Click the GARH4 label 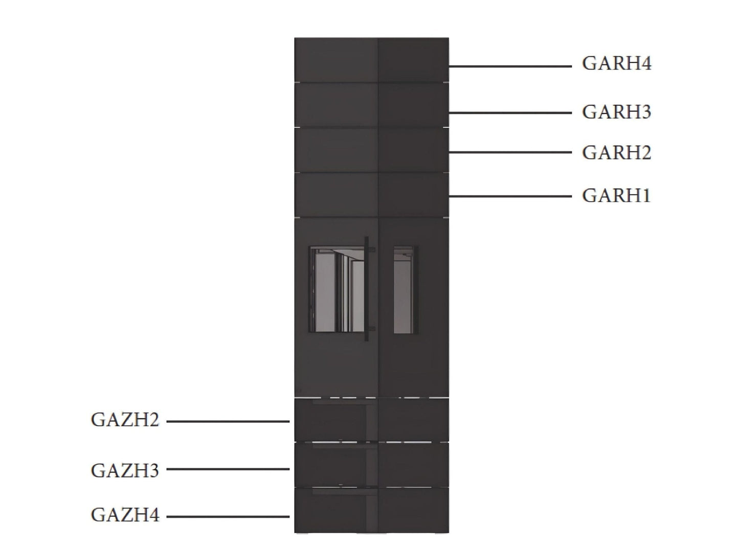coord(616,64)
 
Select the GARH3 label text coord(616,112)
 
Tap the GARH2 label coord(616,153)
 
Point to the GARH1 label coord(616,196)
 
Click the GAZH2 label coord(125,420)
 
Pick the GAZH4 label coord(125,515)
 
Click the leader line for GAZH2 coord(228,422)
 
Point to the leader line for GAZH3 coord(228,469)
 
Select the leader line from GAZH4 coord(228,517)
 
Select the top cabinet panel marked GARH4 coord(371,60)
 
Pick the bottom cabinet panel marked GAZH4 coord(371,510)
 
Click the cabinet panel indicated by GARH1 coord(371,195)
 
